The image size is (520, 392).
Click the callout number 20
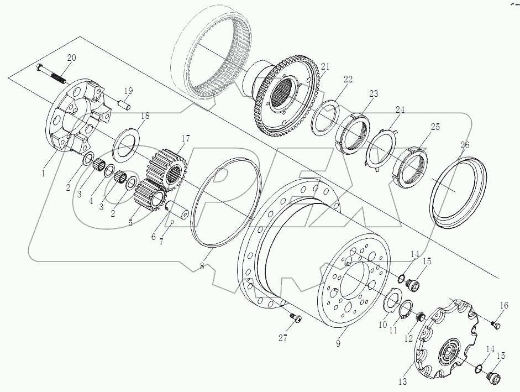click(x=72, y=58)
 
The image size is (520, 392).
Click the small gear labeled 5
click(x=147, y=196)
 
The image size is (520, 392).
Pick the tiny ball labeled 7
click(x=172, y=223)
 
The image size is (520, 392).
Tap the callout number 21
click(x=324, y=66)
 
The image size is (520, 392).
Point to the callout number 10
click(x=382, y=326)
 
